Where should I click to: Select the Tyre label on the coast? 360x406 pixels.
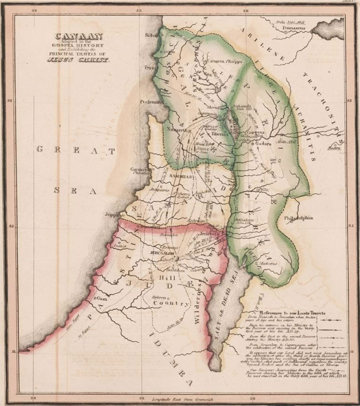(150, 68)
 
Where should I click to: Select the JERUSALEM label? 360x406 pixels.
(162, 252)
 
